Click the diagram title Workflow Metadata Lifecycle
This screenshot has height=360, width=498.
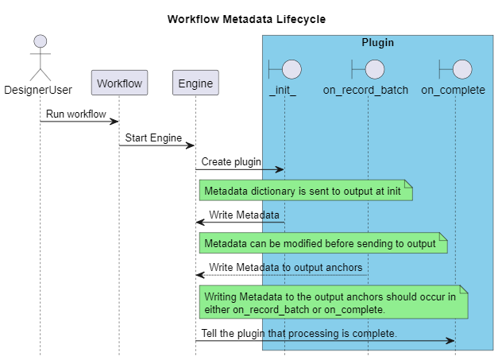(x=246, y=19)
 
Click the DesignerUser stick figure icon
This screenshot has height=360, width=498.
(x=40, y=56)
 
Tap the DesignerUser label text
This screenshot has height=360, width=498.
(x=38, y=90)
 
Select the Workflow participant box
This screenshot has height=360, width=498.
(x=119, y=83)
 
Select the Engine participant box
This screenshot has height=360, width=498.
(x=195, y=83)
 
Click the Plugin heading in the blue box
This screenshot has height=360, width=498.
(x=377, y=43)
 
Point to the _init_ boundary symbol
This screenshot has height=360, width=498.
(x=283, y=68)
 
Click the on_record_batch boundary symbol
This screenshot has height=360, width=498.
(x=366, y=68)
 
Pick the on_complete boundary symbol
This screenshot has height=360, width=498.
(x=454, y=68)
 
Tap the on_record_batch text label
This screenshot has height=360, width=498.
(x=365, y=90)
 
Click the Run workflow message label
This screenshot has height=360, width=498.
(x=75, y=114)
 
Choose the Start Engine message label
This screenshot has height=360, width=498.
(x=153, y=137)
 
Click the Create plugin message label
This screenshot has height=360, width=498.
(x=231, y=161)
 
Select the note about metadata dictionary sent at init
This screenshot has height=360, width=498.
(x=306, y=191)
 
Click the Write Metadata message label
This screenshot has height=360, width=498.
(x=244, y=215)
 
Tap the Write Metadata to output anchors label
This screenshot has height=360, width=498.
(x=286, y=268)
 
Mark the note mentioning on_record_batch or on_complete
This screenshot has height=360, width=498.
(x=334, y=303)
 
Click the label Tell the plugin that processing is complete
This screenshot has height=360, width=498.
(x=299, y=333)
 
